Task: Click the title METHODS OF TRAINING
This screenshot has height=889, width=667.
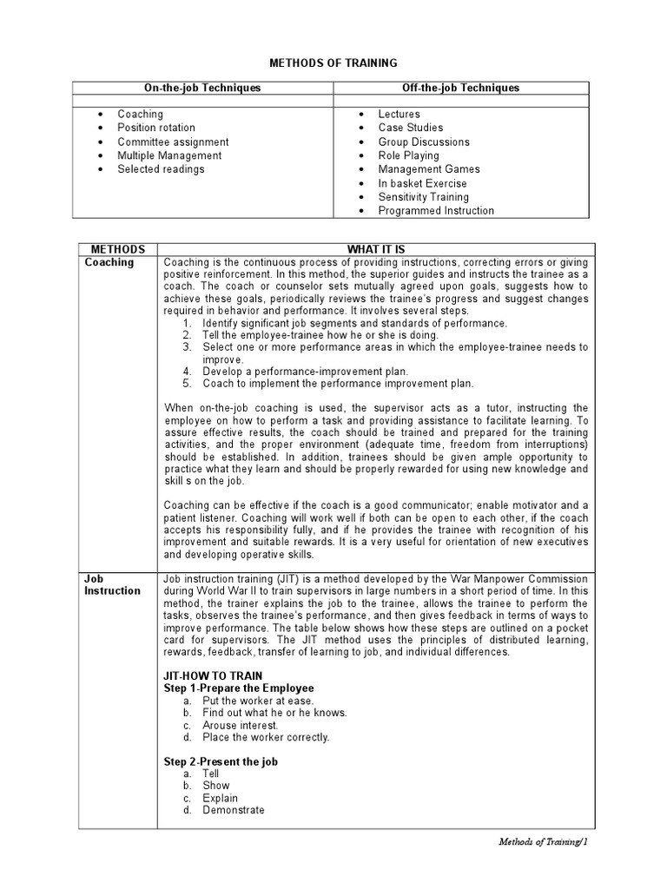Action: [x=333, y=63]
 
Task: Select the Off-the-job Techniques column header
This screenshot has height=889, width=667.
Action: [x=461, y=88]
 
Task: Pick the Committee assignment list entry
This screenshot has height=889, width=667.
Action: [x=173, y=142]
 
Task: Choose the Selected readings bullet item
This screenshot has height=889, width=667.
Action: [x=161, y=169]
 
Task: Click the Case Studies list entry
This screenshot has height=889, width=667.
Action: [x=410, y=128]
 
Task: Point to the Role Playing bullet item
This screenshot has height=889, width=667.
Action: [x=408, y=155]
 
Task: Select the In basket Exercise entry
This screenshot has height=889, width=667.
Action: [x=422, y=183]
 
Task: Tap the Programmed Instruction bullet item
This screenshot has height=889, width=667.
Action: [x=436, y=211]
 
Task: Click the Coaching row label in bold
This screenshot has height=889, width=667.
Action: [x=109, y=262]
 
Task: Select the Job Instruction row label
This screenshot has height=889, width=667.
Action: [x=112, y=584]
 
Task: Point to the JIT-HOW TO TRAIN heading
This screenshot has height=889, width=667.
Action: [x=214, y=675]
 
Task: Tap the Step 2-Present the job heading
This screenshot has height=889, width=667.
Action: [x=221, y=761]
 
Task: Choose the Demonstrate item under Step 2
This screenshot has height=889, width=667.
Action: [x=233, y=810]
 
